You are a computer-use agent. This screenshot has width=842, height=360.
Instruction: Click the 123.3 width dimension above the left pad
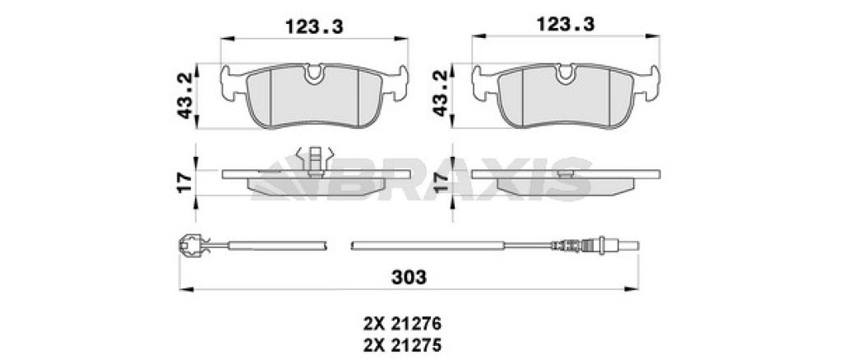click(x=314, y=25)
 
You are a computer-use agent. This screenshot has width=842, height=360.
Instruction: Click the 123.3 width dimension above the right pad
click(x=566, y=24)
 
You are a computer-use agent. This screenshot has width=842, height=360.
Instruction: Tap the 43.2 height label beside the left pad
click(x=186, y=95)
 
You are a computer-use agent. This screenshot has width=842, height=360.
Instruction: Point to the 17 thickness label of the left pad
click(x=185, y=182)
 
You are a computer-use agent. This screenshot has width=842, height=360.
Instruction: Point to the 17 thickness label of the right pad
click(x=441, y=182)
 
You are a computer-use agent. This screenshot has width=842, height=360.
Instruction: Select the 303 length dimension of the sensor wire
click(x=409, y=277)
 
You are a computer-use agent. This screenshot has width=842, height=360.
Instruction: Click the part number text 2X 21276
click(x=402, y=324)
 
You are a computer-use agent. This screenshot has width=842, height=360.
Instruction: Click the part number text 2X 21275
click(x=402, y=344)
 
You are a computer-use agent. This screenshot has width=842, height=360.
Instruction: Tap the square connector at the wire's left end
click(x=188, y=245)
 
